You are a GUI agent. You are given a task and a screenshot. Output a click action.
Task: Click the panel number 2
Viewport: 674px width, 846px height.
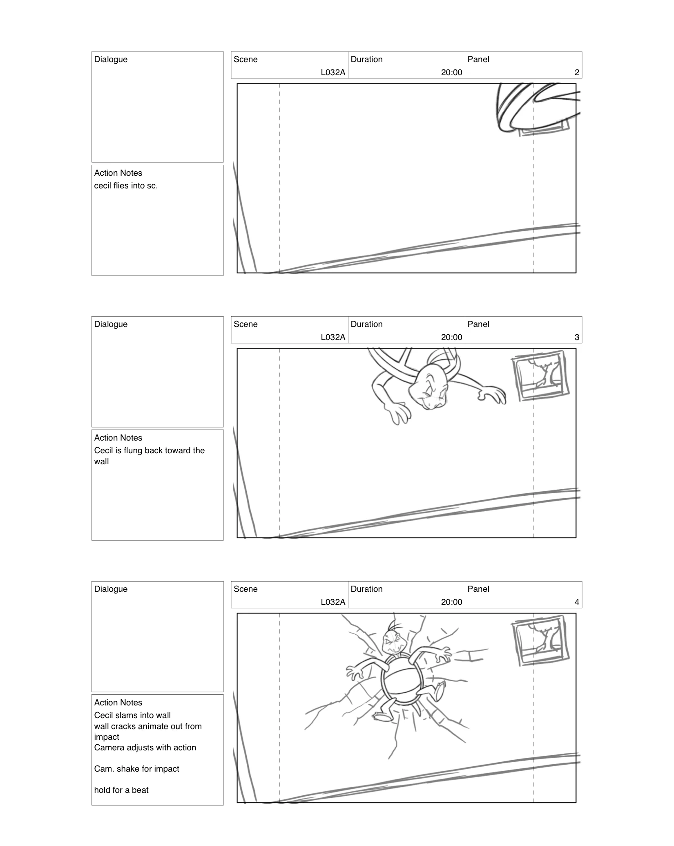pyautogui.click(x=576, y=72)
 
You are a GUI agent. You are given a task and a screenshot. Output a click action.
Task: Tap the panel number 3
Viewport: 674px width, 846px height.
pyautogui.click(x=576, y=337)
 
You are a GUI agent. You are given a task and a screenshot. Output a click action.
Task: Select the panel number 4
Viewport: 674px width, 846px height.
pyautogui.click(x=576, y=602)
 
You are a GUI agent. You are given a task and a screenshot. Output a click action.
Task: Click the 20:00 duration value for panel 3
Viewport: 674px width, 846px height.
pyautogui.click(x=451, y=337)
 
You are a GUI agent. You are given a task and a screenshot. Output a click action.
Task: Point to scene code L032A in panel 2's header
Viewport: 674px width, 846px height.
pyautogui.click(x=333, y=72)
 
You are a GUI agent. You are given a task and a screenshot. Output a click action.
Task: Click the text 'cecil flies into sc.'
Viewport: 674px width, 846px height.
pyautogui.click(x=126, y=186)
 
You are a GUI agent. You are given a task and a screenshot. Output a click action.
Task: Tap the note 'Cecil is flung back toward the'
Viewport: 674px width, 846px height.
pyautogui.click(x=149, y=450)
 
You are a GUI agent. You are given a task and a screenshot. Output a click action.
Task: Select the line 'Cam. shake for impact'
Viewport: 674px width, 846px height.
pyautogui.click(x=136, y=769)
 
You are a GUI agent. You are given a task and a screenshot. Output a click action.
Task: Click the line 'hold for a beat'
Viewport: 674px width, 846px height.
pyautogui.click(x=121, y=790)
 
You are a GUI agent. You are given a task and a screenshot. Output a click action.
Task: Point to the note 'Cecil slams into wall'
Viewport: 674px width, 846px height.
pyautogui.click(x=132, y=715)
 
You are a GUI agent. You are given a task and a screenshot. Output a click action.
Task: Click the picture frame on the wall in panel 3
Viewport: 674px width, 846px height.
pyautogui.click(x=540, y=376)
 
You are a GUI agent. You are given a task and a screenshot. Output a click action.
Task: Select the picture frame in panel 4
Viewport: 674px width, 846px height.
pyautogui.click(x=540, y=641)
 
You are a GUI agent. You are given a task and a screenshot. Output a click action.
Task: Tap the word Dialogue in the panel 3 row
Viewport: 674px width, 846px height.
pyautogui.click(x=111, y=324)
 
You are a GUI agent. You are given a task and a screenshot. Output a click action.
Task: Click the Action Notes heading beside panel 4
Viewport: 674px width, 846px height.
pyautogui.click(x=118, y=703)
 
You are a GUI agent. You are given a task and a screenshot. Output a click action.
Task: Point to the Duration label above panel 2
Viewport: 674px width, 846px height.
pyautogui.click(x=366, y=59)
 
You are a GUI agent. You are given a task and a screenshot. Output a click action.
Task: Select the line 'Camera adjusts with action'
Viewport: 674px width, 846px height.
pyautogui.click(x=145, y=748)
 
